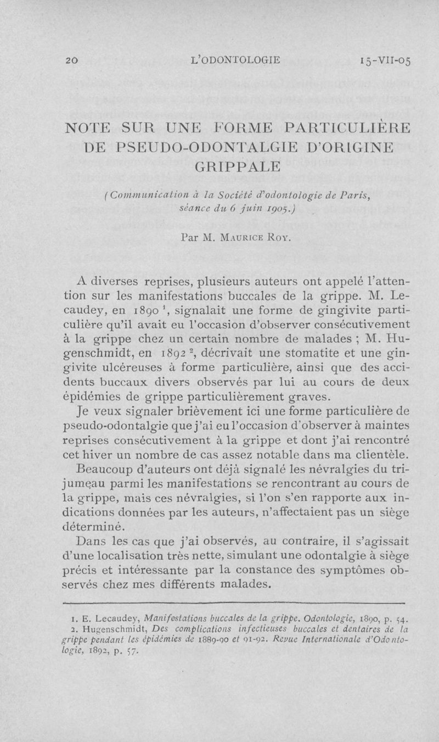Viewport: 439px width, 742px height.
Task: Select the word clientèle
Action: click(384, 452)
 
